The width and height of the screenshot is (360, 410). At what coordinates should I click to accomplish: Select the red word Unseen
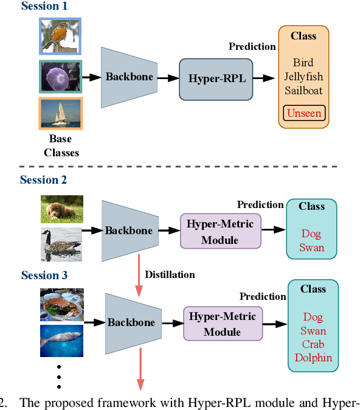tap(304, 113)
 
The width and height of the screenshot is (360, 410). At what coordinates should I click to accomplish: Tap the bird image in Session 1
tap(60, 36)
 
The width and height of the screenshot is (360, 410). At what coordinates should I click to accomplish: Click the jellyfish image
tap(60, 76)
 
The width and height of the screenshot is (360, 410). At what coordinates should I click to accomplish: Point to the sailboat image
tap(60, 114)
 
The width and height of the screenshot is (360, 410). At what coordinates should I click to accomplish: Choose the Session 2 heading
tap(43, 179)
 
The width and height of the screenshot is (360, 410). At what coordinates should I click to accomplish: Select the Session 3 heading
tap(44, 276)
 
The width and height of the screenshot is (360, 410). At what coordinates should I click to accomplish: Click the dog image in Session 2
tap(61, 209)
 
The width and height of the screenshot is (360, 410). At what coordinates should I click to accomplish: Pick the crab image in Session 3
tap(61, 305)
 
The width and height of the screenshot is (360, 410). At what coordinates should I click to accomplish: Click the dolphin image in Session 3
tap(61, 341)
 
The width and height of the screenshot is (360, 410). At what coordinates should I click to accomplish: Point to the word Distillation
tap(170, 274)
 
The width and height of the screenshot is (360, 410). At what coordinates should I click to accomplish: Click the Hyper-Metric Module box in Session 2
tap(220, 232)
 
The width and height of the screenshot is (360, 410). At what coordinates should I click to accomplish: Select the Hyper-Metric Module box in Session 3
tap(222, 324)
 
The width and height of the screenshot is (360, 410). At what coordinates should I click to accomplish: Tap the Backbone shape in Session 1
tap(129, 77)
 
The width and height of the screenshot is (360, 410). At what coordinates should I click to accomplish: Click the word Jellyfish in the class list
tap(303, 77)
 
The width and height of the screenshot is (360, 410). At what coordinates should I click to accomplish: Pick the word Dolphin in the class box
tap(313, 358)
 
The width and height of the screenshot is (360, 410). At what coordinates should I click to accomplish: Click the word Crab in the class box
tap(313, 344)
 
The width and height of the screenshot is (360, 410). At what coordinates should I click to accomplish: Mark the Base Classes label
tap(61, 146)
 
